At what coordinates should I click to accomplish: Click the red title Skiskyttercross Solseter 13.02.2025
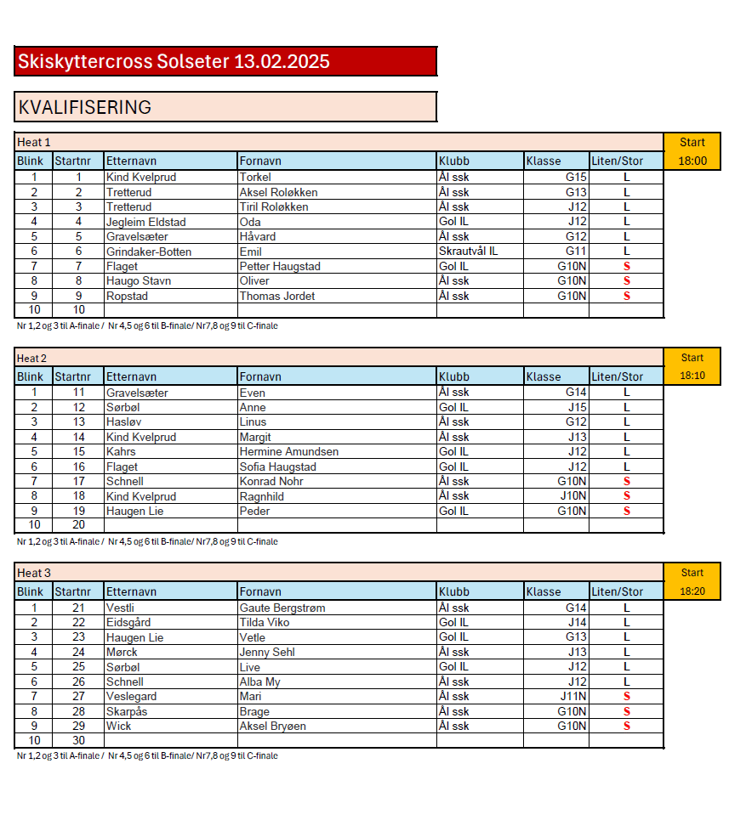click(x=174, y=61)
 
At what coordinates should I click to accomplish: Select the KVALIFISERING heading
click(x=85, y=107)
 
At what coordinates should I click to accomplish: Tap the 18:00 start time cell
click(x=692, y=161)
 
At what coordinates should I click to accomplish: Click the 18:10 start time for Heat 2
click(x=692, y=376)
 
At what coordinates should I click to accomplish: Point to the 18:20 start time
click(x=692, y=591)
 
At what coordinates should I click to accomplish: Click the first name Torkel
click(x=255, y=178)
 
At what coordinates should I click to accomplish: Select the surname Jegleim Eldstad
click(x=146, y=222)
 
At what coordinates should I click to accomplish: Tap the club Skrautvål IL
click(x=469, y=252)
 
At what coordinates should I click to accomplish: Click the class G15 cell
click(x=576, y=178)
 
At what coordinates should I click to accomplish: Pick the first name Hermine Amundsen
click(x=289, y=451)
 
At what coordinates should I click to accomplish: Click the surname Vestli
click(x=120, y=608)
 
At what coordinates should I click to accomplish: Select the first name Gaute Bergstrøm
click(x=282, y=608)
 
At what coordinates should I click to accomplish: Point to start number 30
click(x=78, y=740)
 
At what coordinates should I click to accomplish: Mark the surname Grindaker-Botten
click(x=149, y=252)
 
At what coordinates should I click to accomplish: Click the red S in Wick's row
click(x=627, y=726)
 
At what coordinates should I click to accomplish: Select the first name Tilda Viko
click(x=265, y=622)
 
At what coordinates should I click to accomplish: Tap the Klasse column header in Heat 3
click(x=544, y=591)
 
